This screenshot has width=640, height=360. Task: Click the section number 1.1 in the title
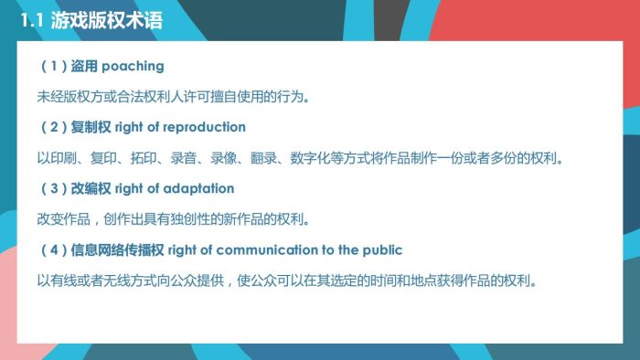[x=33, y=20]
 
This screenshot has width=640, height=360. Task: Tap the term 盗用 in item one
[x=83, y=67]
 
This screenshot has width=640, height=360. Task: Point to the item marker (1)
[x=51, y=67]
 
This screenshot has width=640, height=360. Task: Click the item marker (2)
[x=51, y=127]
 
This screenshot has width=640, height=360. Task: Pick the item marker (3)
[x=51, y=188]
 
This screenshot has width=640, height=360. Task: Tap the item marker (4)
[x=51, y=249]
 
